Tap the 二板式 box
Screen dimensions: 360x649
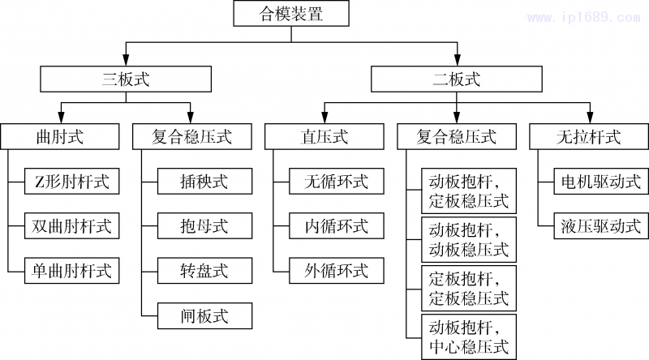click(x=456, y=79)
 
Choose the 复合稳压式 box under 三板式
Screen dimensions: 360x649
click(x=192, y=136)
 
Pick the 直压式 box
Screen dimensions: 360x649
click(x=324, y=136)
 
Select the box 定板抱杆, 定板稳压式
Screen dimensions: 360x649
click(x=468, y=288)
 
